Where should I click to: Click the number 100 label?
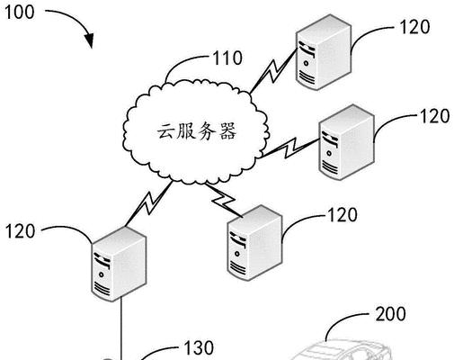pos(20,13)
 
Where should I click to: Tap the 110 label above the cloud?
pos(227,58)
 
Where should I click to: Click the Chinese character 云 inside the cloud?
pos(166,131)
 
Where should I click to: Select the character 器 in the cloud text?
pos(227,131)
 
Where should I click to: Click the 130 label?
pos(199,347)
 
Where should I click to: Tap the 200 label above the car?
pos(391,314)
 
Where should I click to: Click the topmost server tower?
pos(324,52)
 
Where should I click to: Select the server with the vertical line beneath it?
pos(119,264)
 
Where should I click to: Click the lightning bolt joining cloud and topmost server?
pos(272,70)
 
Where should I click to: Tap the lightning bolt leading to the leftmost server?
pos(149,203)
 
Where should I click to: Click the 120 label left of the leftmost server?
pos(20,231)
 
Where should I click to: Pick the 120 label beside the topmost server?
pos(414,27)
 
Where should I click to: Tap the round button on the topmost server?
pos(306,64)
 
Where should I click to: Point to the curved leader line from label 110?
pos(183,61)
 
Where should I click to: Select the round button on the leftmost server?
pos(102,274)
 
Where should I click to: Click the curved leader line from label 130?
pos(159,351)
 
